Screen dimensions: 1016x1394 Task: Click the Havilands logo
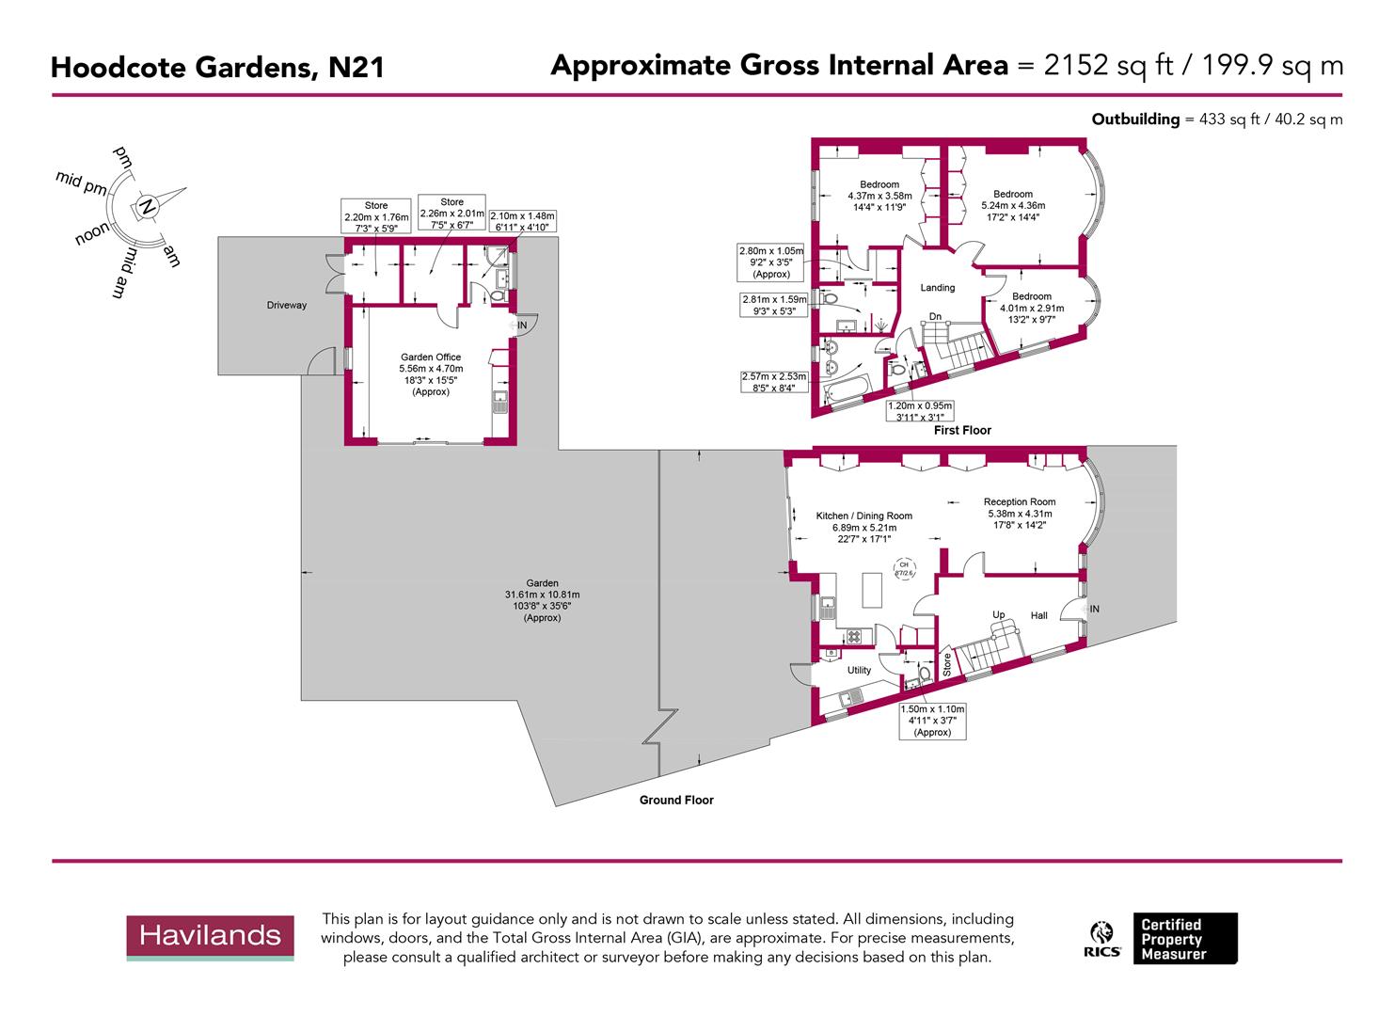(210, 936)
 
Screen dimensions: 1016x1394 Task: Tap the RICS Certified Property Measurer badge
(1163, 939)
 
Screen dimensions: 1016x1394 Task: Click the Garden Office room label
(431, 357)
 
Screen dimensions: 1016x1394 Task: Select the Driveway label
(286, 305)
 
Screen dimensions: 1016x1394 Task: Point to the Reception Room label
(1020, 501)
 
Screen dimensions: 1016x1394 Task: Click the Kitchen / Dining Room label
(863, 516)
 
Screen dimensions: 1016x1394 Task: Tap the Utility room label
(859, 670)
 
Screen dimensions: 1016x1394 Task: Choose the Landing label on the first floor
(937, 288)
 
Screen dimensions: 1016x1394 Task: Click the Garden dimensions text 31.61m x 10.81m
(542, 595)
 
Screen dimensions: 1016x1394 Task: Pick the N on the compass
(146, 206)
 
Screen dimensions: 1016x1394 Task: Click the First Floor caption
(962, 430)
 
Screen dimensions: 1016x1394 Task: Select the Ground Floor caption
(676, 801)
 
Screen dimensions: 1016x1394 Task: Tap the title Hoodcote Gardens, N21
(216, 68)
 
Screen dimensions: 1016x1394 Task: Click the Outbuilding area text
(1216, 119)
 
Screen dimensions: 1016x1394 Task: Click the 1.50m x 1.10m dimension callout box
(932, 721)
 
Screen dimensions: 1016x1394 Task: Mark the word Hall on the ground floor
(1038, 615)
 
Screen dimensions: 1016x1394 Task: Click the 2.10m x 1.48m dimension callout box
(523, 220)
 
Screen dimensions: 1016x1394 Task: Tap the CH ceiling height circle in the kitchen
(904, 568)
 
